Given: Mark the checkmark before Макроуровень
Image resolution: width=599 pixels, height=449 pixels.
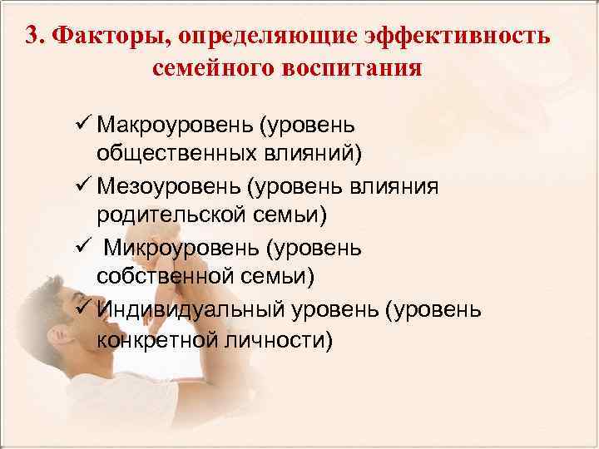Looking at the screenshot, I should (82, 125).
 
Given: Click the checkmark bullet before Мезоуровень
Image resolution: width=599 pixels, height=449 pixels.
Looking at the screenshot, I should (82, 185).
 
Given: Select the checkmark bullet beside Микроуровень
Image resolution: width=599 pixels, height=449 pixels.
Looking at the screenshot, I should (82, 247).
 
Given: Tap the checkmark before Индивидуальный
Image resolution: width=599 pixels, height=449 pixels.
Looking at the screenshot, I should (82, 308).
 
